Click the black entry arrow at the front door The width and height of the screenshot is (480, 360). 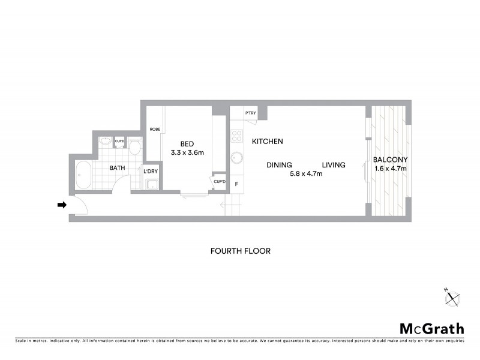61,205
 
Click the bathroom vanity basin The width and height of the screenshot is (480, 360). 104,142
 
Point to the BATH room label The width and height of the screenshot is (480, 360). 117,168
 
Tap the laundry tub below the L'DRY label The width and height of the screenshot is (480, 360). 151,184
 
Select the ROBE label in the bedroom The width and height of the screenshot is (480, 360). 155,129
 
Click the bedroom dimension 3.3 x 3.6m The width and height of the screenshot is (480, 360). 187,152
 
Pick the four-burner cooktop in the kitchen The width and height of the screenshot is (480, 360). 236,136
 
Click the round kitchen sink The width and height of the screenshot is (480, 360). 237,159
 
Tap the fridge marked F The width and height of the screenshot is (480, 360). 236,184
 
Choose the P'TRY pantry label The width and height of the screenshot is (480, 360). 251,113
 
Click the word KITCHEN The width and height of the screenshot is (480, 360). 267,142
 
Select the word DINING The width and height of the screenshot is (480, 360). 280,165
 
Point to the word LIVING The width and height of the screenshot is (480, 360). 333,165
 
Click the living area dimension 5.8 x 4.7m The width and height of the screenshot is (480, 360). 306,174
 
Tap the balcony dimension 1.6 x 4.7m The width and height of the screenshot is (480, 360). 390,169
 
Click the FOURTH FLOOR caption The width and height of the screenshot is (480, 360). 240,251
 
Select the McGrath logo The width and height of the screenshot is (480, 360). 432,328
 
